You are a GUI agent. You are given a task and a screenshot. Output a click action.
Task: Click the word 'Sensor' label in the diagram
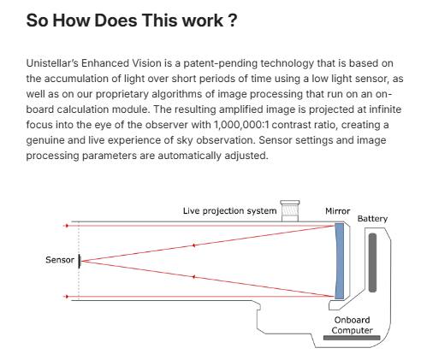coord(60,260)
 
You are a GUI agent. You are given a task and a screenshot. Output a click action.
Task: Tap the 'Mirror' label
coord(338,211)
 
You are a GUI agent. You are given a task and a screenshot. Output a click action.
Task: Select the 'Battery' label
coord(372,219)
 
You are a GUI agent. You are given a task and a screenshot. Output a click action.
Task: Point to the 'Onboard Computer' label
coord(353,325)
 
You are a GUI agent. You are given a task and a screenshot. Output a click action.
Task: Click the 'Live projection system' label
coord(230,211)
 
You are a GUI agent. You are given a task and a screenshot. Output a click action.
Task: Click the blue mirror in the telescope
coord(339,261)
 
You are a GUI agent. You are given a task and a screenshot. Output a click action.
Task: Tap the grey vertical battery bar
coord(372,263)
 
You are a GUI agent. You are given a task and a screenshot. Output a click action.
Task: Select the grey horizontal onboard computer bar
coord(352,338)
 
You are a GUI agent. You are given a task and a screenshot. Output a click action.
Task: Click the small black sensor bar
coord(80,262)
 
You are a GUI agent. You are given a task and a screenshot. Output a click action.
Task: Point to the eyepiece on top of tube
coord(290,211)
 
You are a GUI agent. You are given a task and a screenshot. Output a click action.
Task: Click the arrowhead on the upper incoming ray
coord(67,226)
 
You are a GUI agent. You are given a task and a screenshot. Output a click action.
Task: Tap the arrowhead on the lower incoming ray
coord(67,297)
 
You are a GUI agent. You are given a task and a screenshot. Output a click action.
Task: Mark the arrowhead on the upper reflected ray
coord(194,245)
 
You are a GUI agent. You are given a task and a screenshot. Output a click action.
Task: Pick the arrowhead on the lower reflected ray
coord(194,277)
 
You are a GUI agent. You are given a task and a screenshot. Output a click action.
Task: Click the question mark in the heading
coord(233,21)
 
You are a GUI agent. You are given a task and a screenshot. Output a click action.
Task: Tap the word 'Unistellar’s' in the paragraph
coord(52,63)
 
